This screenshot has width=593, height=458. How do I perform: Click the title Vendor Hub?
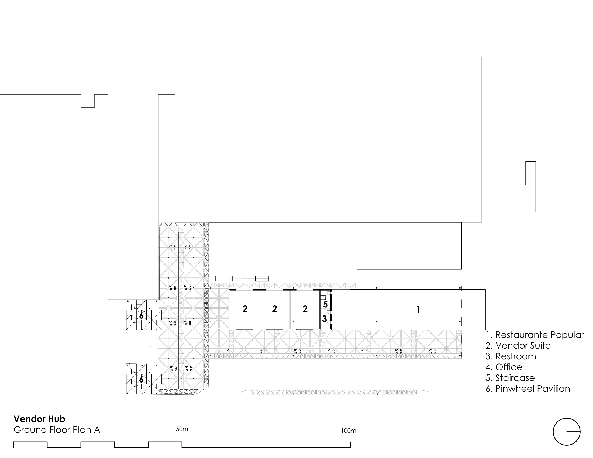click(x=39, y=419)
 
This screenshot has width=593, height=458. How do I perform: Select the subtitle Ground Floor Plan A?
click(x=57, y=430)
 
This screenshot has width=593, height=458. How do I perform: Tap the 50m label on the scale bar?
click(x=182, y=429)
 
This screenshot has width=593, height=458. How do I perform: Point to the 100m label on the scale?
click(x=348, y=431)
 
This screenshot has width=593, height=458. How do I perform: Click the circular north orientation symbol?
click(x=566, y=431)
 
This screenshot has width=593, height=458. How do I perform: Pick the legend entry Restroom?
click(x=511, y=356)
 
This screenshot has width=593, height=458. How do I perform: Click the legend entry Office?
click(x=504, y=367)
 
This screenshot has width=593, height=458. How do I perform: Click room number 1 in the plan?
click(x=418, y=309)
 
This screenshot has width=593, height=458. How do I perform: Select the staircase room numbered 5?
click(x=326, y=304)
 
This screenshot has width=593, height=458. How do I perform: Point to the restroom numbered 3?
click(x=325, y=318)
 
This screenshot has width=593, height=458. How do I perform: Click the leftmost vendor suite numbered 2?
click(x=245, y=309)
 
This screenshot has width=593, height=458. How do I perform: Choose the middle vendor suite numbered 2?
click(x=274, y=309)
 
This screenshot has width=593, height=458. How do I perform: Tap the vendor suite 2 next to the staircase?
click(x=305, y=309)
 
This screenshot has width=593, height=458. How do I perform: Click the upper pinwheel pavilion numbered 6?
click(x=141, y=316)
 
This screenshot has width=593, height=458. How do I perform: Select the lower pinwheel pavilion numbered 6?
click(x=141, y=380)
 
